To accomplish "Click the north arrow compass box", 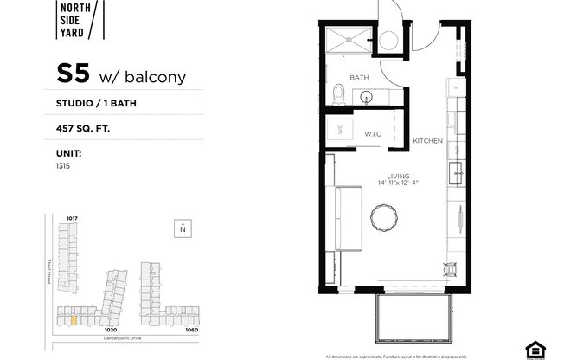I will tap(183, 228).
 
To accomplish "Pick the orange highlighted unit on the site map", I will tap(74, 319).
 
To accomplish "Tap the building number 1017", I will tap(72, 218).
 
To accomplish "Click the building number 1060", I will tap(191, 330).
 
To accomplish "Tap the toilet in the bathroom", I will tap(339, 94).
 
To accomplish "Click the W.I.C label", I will tap(373, 134).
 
